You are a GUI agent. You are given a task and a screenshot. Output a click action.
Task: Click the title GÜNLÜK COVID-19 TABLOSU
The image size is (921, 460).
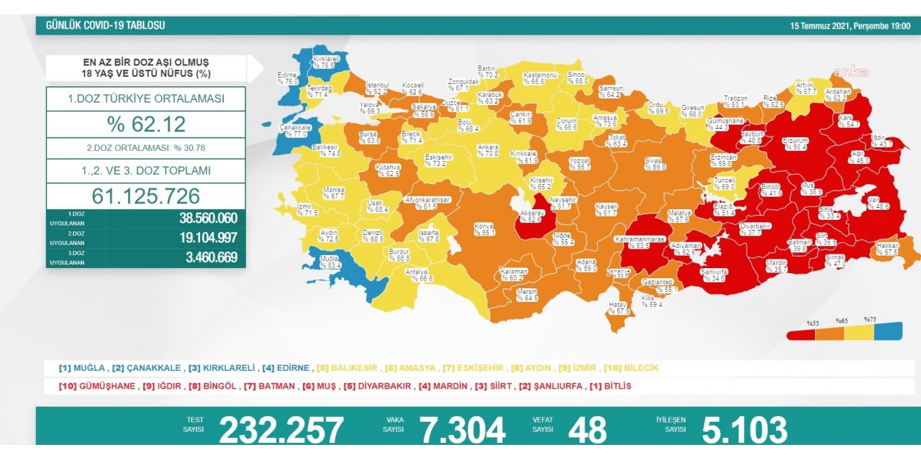coord(106,25)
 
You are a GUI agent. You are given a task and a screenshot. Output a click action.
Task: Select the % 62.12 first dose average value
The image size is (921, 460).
coord(146,124)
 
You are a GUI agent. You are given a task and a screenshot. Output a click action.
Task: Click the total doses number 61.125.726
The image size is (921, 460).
coord(146,196)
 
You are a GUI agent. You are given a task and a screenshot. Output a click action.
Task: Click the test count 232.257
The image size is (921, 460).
coord(281,430)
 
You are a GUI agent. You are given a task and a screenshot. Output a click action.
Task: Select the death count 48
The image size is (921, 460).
coord(587,430)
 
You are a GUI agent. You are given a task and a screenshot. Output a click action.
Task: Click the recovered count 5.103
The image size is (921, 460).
coord(745,430)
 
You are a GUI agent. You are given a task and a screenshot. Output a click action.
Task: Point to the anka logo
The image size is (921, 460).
coord(850,72)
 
